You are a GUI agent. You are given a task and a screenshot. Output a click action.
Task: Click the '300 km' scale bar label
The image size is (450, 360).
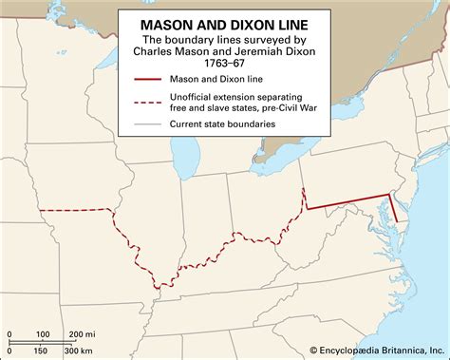[82, 351]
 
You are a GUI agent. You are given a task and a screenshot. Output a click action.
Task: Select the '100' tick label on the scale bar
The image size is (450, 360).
[43, 333]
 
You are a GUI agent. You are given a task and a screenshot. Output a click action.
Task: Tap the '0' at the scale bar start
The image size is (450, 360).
[8, 333]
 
